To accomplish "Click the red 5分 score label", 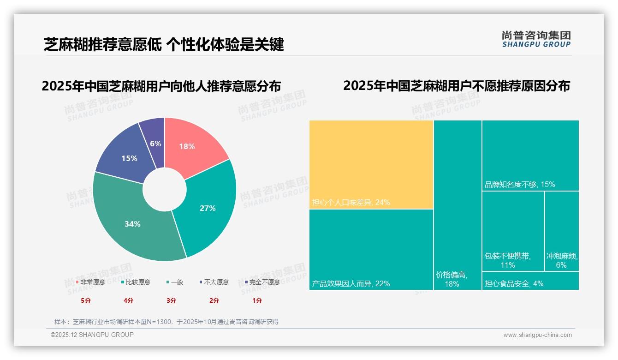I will point(85,300).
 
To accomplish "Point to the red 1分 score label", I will point(257,300).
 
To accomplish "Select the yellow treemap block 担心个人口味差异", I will point(371,164).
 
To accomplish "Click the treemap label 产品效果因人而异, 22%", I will point(351,283).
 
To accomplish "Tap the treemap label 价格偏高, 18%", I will point(452,279).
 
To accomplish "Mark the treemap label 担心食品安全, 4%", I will point(514,283).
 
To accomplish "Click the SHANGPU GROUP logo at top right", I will point(536,39).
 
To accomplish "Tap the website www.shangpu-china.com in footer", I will point(537,335).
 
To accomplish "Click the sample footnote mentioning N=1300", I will point(166,322).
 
